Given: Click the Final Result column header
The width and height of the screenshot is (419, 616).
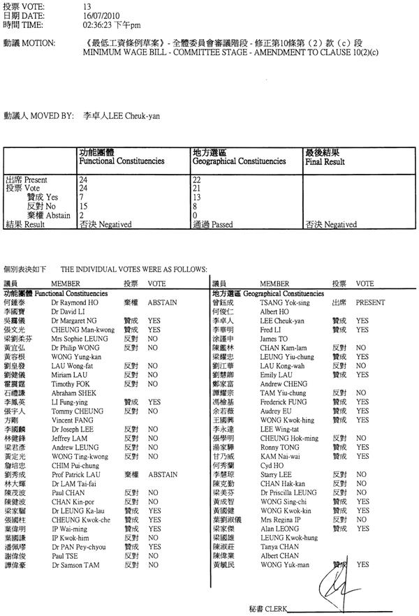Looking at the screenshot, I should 325,161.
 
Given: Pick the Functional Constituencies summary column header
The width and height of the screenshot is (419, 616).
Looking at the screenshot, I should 122,161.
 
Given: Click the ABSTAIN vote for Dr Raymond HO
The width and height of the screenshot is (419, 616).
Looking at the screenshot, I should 162,305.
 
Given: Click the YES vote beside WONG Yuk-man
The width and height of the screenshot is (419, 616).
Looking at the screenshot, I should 362,564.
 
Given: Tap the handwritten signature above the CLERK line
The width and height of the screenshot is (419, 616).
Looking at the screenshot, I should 332,579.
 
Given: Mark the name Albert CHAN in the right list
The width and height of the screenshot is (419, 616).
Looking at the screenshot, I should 279,555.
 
